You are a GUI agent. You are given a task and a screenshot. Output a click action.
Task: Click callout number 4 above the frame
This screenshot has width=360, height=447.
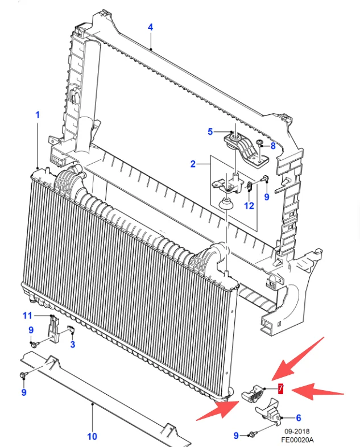pos(150,27)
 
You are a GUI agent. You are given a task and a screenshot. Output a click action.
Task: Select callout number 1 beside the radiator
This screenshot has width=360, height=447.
pos(38,115)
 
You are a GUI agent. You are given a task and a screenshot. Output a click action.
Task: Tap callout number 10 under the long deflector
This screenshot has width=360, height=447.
pos(92,436)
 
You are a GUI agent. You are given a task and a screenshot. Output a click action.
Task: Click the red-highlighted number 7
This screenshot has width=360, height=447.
pos(281,388)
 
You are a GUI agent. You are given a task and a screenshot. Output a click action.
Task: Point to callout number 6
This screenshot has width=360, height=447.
pos(299,417)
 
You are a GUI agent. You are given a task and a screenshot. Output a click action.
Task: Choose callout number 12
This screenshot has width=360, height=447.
pos(249,205)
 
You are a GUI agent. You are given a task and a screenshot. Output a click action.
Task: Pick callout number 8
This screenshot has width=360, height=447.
pos(273,146)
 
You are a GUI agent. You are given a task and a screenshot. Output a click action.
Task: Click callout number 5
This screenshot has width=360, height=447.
pos(210,132)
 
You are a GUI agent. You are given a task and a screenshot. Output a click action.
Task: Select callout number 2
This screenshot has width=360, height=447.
pos(193,164)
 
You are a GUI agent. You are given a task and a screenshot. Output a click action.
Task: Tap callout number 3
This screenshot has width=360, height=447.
pos(73,344)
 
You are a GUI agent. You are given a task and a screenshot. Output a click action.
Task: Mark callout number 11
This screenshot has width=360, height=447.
pos(27,316)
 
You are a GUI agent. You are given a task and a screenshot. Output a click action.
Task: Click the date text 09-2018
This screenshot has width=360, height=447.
pos(297,431)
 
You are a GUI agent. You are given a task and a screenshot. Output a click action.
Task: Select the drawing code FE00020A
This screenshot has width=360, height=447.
pos(297,440)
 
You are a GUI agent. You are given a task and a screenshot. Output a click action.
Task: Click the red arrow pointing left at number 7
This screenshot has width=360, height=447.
pos(318,392)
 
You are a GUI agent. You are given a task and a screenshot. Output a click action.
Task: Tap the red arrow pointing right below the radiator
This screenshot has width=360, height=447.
pos(218,409)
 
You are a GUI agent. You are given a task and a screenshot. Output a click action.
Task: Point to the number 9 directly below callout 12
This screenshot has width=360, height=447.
pos(267,197)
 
